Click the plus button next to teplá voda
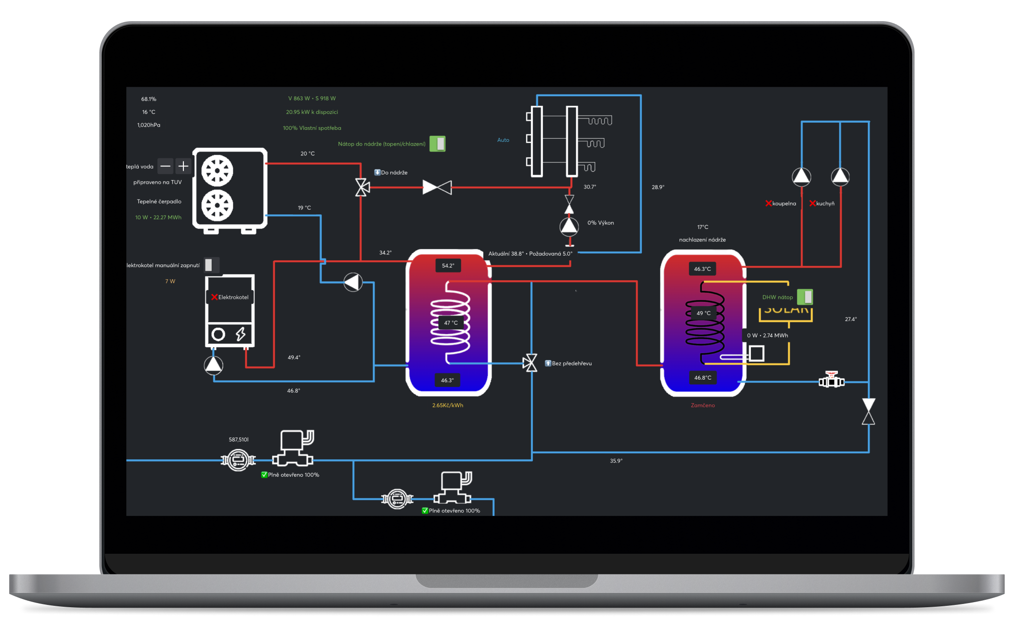click(x=183, y=166)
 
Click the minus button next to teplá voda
click(x=165, y=166)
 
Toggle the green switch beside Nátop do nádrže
click(x=437, y=144)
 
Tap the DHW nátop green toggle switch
click(x=805, y=297)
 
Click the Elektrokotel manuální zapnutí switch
click(x=211, y=265)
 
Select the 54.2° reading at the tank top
click(x=448, y=265)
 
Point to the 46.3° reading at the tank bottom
click(x=447, y=380)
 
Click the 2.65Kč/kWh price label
click(x=448, y=405)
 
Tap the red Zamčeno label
click(x=702, y=405)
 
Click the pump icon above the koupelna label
click(x=802, y=176)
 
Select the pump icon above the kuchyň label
click(x=840, y=176)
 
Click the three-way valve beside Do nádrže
click(x=362, y=187)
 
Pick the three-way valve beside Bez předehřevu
click(x=531, y=363)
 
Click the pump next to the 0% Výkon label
click(x=569, y=226)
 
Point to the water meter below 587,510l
click(x=238, y=460)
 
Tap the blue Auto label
click(x=503, y=140)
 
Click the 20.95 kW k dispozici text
click(x=312, y=112)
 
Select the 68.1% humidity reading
click(x=148, y=99)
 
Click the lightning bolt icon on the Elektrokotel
click(x=241, y=334)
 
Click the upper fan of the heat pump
click(x=217, y=170)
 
